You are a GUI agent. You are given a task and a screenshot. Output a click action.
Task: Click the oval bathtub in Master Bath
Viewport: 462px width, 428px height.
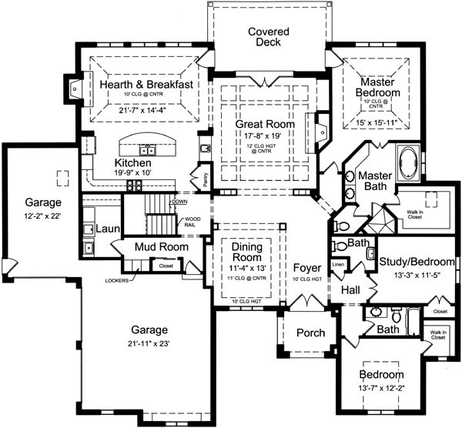coord(407,164)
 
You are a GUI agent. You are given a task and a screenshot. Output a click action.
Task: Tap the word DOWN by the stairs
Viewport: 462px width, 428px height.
coord(180,202)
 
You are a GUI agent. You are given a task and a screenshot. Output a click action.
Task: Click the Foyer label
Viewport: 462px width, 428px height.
coord(307,266)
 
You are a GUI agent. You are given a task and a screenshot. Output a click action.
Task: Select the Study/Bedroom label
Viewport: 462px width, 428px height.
coord(417,262)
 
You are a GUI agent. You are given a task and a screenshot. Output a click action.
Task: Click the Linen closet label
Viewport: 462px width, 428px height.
coord(337,265)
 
